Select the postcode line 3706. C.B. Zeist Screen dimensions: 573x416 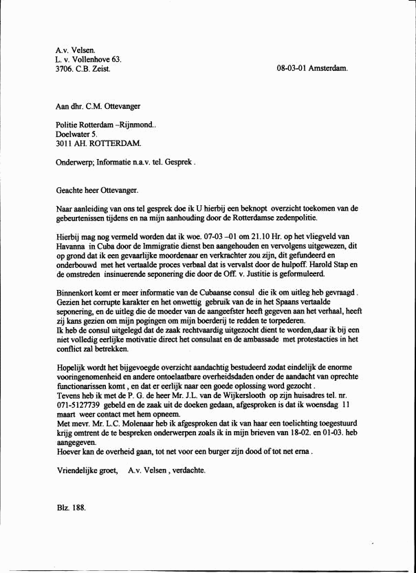click(x=83, y=69)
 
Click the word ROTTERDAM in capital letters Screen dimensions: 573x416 click(x=114, y=144)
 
